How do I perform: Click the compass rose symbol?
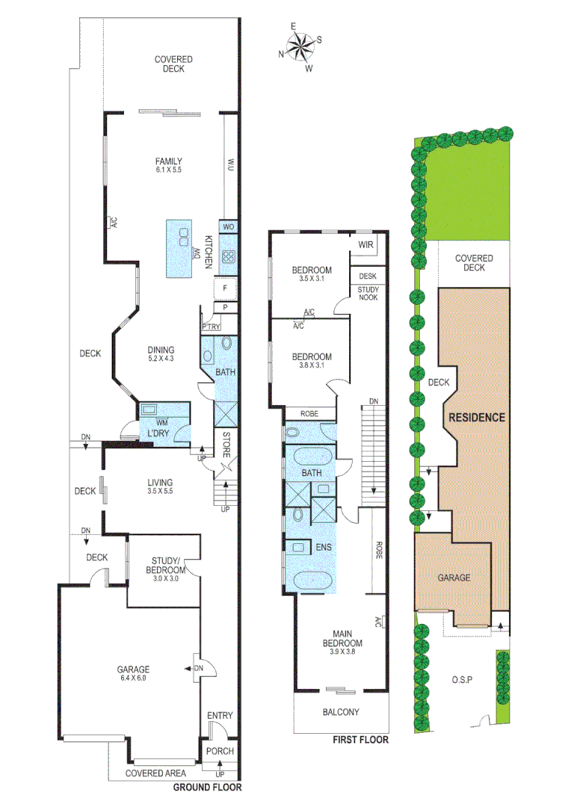tap(300, 46)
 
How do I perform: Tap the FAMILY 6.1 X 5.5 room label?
tap(169, 165)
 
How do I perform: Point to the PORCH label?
tap(220, 751)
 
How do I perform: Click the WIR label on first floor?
tap(366, 244)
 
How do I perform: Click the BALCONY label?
tap(342, 712)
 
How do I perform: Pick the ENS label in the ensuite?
tap(324, 547)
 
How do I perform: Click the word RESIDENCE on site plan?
tap(476, 418)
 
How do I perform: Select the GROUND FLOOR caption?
tap(207, 787)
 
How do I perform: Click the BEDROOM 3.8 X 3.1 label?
tap(311, 361)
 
